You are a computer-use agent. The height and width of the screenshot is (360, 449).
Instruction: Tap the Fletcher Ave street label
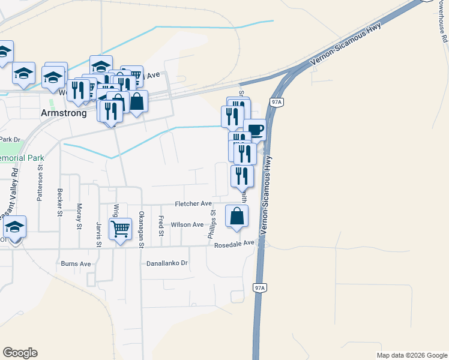click(193, 204)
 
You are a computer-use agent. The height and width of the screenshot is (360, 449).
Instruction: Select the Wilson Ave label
click(187, 224)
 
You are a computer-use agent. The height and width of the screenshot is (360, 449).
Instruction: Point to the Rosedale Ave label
click(231, 244)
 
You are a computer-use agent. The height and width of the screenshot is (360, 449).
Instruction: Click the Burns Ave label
click(76, 263)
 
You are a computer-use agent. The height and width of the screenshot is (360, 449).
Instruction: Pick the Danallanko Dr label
click(167, 263)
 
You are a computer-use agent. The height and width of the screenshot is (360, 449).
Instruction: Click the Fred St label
click(161, 225)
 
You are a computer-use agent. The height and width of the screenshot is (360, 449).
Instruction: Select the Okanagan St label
click(142, 226)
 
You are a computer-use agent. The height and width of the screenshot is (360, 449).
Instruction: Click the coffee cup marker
click(255, 130)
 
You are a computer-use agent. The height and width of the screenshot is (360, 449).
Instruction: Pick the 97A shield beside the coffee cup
click(276, 103)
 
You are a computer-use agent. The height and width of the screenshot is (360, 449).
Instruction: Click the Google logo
click(20, 353)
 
